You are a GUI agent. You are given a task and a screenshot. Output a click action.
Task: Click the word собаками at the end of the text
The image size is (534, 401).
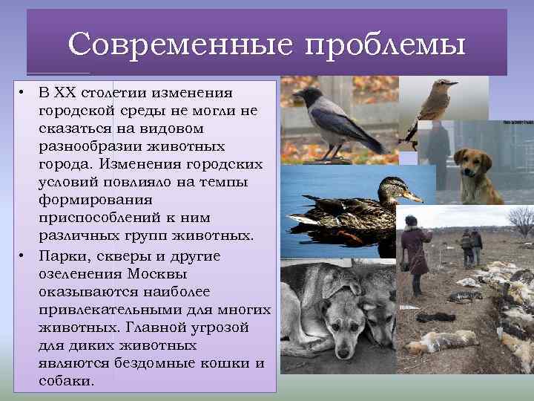pyautogui.click(x=65, y=380)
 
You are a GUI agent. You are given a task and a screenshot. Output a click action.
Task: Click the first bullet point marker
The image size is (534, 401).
pyautogui.click(x=24, y=94)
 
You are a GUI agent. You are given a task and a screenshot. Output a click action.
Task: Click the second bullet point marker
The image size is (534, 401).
pyautogui.click(x=24, y=255)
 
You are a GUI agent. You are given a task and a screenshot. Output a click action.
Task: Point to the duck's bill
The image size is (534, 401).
pyautogui.click(x=412, y=197)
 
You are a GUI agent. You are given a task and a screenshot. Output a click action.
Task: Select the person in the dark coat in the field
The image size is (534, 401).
pyautogui.click(x=415, y=249)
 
